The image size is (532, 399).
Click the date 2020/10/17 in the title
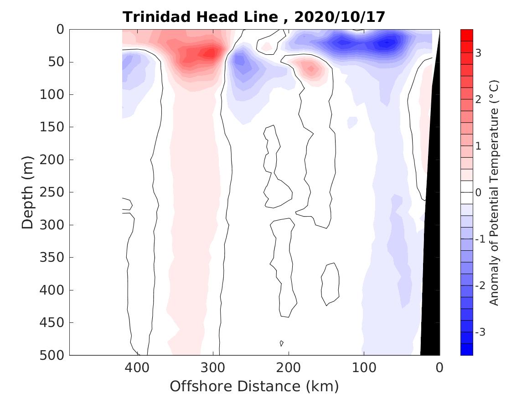point(340,17)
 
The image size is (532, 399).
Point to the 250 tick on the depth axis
point(53,192)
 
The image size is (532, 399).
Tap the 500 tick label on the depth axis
point(53,355)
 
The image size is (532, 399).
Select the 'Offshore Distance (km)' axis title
point(254,387)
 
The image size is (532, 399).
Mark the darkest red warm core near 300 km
point(210,53)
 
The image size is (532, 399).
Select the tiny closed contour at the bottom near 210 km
point(282,343)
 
